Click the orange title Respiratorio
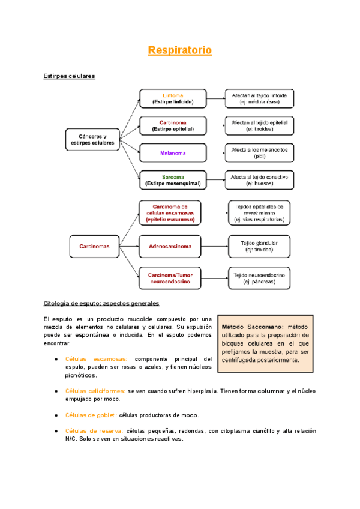click(x=180, y=50)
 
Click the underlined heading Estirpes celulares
click(x=70, y=76)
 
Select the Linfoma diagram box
click(x=173, y=98)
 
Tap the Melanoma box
click(x=173, y=152)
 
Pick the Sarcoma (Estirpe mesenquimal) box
click(x=173, y=180)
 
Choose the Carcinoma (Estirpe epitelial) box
click(x=173, y=125)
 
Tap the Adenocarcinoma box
click(x=174, y=245)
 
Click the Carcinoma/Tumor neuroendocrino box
click(x=174, y=278)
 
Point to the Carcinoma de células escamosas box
click(x=174, y=212)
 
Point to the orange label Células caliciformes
click(x=96, y=391)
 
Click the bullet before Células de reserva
click(x=56, y=431)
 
